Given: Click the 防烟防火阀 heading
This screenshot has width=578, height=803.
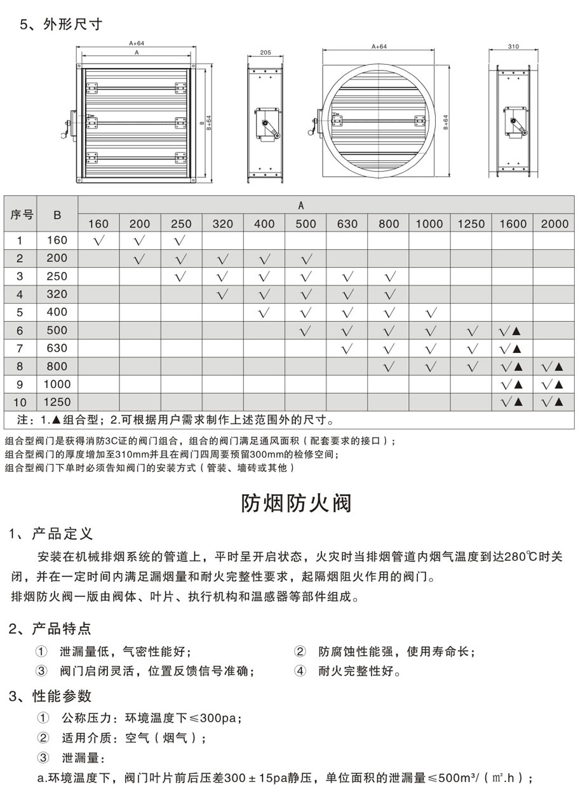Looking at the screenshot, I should (x=296, y=503).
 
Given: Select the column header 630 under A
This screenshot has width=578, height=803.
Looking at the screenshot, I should (x=347, y=224).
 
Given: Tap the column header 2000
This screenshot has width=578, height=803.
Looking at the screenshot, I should (x=553, y=224).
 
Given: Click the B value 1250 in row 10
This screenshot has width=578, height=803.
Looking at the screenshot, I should (x=57, y=402).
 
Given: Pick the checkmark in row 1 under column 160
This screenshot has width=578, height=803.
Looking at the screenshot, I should (x=98, y=240).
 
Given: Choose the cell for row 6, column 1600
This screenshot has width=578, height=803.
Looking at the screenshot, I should (x=511, y=331).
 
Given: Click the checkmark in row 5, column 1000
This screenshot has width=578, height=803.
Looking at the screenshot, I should (x=429, y=312).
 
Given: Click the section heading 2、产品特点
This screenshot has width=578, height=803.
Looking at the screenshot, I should (x=50, y=629).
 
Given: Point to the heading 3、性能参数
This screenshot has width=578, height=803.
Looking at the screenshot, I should (x=50, y=696).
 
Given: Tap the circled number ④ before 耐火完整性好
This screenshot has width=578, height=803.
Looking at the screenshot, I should (x=300, y=671).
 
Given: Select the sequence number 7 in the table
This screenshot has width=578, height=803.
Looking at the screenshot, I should (x=20, y=348).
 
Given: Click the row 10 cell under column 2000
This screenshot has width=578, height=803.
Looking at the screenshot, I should (x=553, y=402).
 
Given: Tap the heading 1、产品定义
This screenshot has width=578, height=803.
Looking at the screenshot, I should (x=51, y=533).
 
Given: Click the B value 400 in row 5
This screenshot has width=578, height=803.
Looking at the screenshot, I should (x=57, y=312).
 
